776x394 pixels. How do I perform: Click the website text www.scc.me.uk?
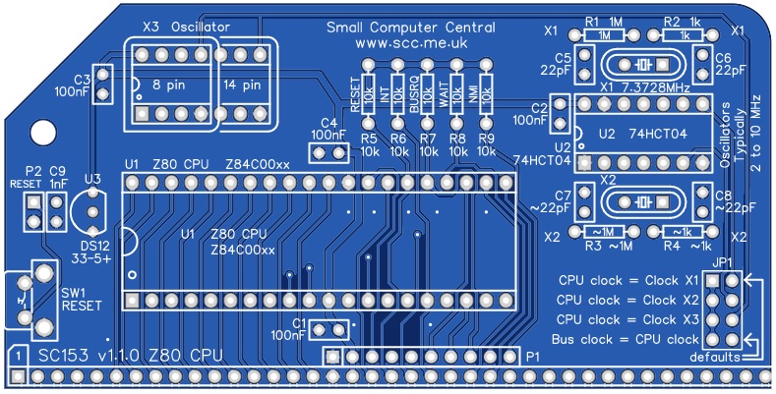click(411, 45)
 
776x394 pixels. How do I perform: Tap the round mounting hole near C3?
click(43, 132)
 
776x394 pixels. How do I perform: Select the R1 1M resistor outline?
click(602, 34)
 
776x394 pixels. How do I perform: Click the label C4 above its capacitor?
click(328, 123)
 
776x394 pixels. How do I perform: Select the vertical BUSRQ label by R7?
click(415, 94)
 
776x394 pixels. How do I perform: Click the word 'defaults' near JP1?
click(715, 357)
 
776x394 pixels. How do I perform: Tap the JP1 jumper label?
click(724, 262)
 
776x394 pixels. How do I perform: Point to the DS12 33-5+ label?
click(95, 251)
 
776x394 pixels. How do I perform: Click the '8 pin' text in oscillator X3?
click(173, 84)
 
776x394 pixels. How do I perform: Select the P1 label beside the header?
click(532, 355)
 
